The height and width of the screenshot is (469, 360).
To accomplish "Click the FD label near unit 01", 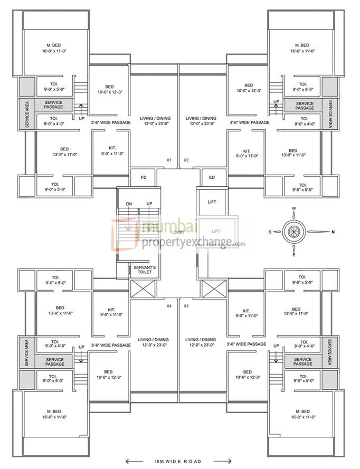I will (143, 177).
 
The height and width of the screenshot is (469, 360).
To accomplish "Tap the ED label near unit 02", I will (212, 177).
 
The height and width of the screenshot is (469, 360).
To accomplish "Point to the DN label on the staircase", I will (129, 204).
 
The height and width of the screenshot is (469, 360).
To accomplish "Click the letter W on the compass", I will (294, 208).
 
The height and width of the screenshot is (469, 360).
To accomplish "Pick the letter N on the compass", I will (333, 232).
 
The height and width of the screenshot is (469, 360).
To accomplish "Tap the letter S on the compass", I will (269, 232).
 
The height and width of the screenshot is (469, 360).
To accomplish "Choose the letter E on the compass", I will (294, 255).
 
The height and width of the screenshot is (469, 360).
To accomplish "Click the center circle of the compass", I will (294, 232).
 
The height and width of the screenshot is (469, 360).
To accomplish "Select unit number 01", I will (169, 159).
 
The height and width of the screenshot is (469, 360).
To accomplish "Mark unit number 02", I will (186, 159).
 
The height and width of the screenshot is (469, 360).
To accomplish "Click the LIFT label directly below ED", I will (212, 202).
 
